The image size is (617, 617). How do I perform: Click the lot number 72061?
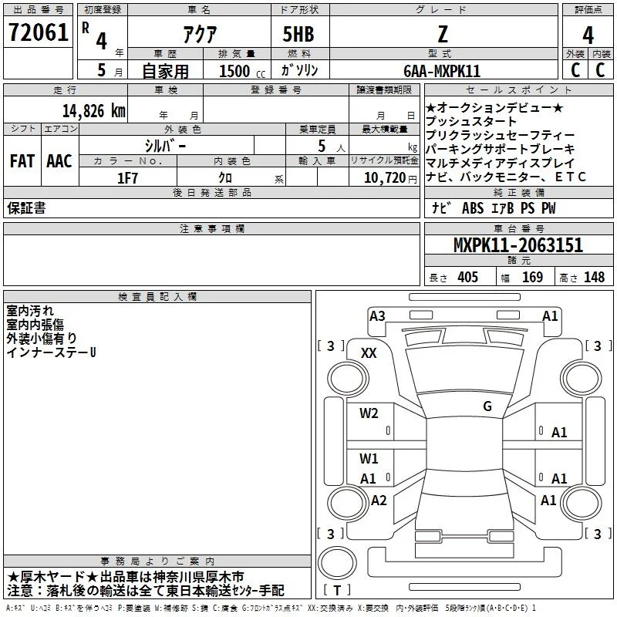click(38, 32)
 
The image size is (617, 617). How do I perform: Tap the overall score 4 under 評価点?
click(588, 35)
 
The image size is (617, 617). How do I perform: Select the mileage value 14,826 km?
click(93, 111)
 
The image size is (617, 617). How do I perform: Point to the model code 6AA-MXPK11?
click(442, 71)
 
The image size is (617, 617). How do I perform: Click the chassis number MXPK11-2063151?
click(518, 245)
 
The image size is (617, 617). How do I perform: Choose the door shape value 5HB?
click(298, 34)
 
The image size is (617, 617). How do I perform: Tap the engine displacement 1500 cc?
click(242, 71)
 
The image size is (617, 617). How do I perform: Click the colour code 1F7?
click(127, 178)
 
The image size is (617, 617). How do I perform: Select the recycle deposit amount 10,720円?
click(390, 178)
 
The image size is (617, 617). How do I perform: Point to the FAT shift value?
click(22, 161)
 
